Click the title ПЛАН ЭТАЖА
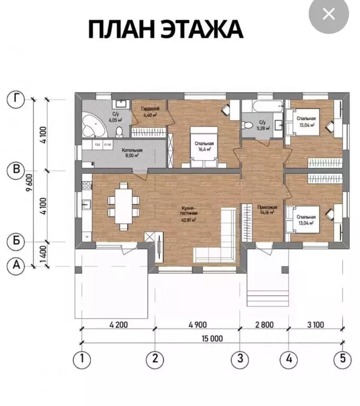[x=165, y=29]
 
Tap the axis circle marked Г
[x=17, y=98]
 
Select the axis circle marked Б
[x=17, y=241]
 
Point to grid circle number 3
[x=241, y=359]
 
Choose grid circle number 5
[x=343, y=359]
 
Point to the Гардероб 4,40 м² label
[x=149, y=111]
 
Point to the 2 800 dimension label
[x=264, y=324]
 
